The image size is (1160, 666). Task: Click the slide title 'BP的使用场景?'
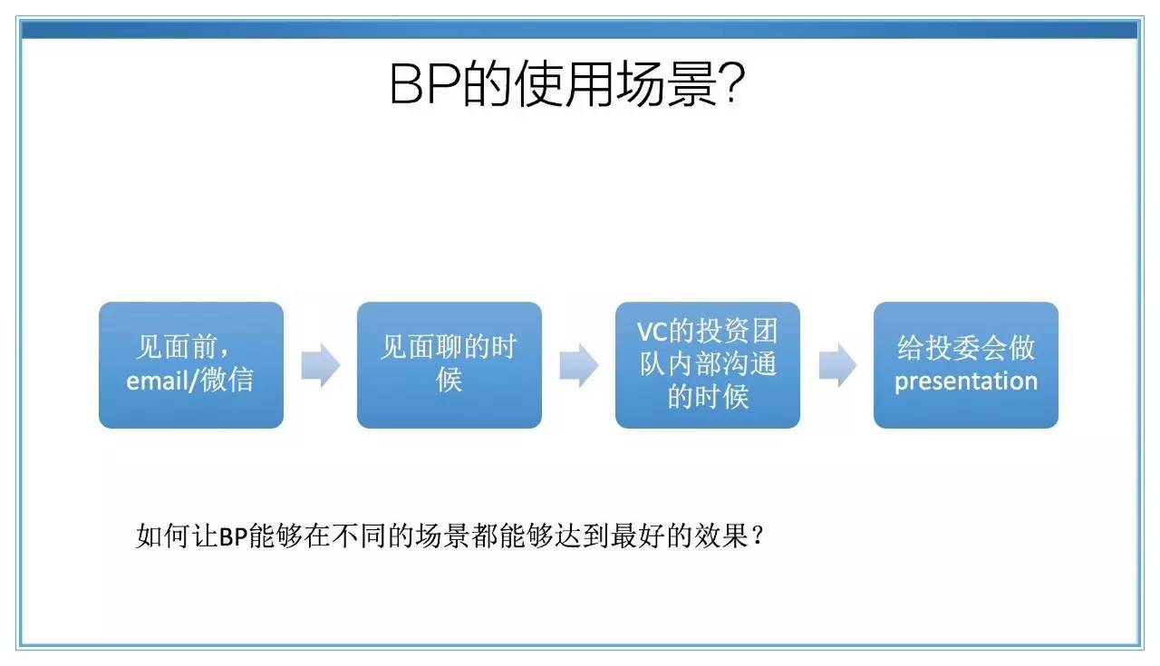(x=567, y=83)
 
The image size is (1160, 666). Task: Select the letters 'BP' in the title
(x=425, y=83)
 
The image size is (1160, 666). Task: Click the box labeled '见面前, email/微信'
(x=191, y=365)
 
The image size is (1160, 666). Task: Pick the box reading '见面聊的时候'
(x=449, y=365)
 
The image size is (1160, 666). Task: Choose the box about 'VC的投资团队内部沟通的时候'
(x=708, y=365)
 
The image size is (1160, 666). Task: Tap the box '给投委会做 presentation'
(x=966, y=365)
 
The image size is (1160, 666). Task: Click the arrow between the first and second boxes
(x=321, y=365)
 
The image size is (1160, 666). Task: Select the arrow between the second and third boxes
(x=579, y=365)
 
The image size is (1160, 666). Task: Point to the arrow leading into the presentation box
(x=837, y=365)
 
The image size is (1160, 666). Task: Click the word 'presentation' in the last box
(x=966, y=382)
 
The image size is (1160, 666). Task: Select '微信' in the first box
(x=227, y=380)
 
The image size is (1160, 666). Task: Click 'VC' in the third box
(x=652, y=332)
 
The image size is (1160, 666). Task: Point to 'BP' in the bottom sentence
(x=233, y=536)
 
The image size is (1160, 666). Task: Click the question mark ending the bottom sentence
(x=759, y=535)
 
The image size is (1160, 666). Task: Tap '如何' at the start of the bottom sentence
(x=162, y=536)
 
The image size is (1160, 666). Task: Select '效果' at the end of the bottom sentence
(x=721, y=536)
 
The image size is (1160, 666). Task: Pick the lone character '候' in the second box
(x=449, y=381)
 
